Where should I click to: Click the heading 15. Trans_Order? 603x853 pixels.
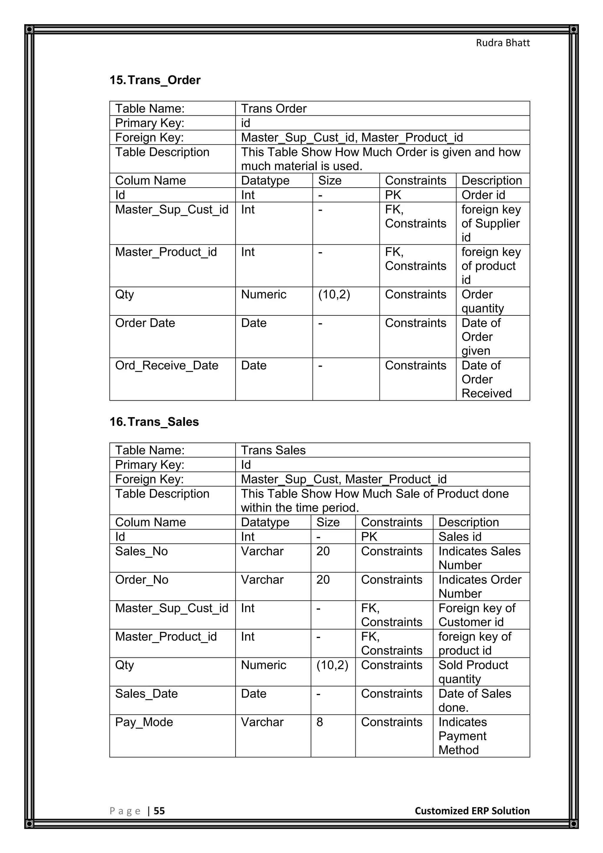tap(155, 80)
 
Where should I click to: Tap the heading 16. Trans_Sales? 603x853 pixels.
tap(154, 422)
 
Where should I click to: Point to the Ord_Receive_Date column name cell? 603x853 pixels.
tap(167, 365)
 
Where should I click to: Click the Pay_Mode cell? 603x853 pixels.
tap(144, 722)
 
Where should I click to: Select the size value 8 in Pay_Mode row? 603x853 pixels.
tap(320, 722)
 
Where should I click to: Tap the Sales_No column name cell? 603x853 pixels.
tap(141, 551)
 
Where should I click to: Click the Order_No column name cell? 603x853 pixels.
tap(142, 580)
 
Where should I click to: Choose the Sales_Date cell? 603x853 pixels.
tap(146, 693)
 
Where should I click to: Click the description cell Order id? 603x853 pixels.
tap(483, 195)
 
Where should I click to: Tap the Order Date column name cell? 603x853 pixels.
tap(145, 323)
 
